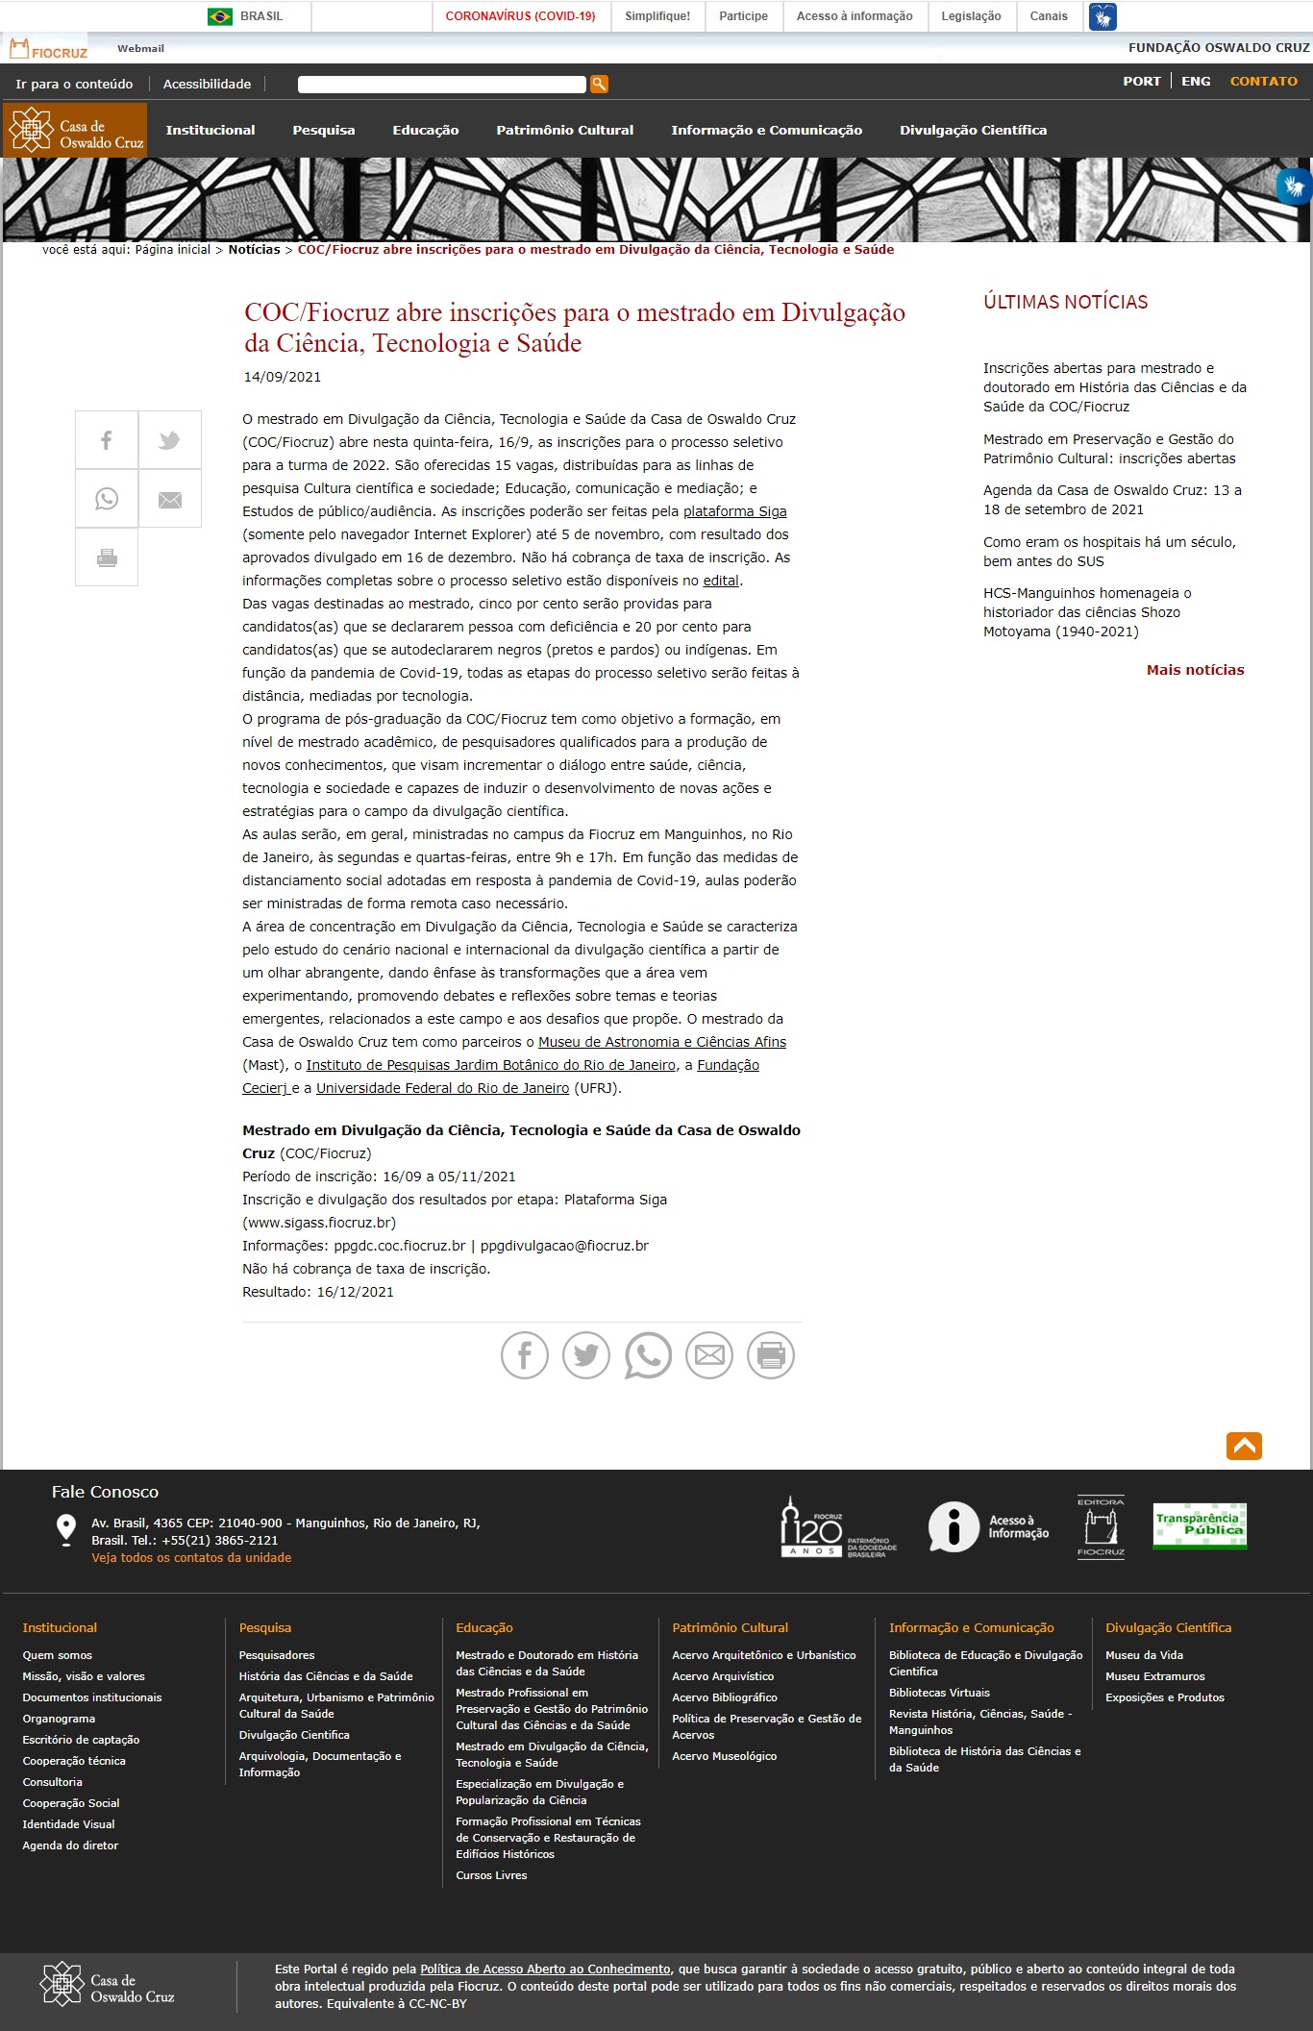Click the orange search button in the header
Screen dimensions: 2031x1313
tap(599, 85)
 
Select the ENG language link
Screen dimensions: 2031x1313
tap(1196, 82)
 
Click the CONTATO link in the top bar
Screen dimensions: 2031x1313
tap(1263, 82)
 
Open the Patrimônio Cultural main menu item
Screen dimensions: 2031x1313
tap(564, 131)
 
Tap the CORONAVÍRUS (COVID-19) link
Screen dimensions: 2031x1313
tap(520, 16)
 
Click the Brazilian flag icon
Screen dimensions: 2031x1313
tap(220, 16)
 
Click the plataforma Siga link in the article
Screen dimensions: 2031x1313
tap(734, 512)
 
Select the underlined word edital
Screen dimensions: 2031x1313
tap(721, 582)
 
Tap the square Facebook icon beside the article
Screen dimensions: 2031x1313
tap(107, 440)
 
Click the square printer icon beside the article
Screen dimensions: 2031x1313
tap(107, 557)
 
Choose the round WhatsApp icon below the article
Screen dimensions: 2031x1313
tap(648, 1355)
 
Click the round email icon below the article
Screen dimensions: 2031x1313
tap(709, 1355)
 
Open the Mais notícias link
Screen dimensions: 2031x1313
tap(1195, 671)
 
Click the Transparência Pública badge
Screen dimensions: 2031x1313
tap(1200, 1525)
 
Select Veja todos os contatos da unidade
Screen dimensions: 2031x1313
tap(191, 1558)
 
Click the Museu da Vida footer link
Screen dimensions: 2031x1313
tap(1144, 1656)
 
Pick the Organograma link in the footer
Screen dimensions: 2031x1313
tap(59, 1720)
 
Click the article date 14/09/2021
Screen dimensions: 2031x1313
tap(283, 378)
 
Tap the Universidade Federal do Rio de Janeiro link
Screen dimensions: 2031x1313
tap(442, 1089)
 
